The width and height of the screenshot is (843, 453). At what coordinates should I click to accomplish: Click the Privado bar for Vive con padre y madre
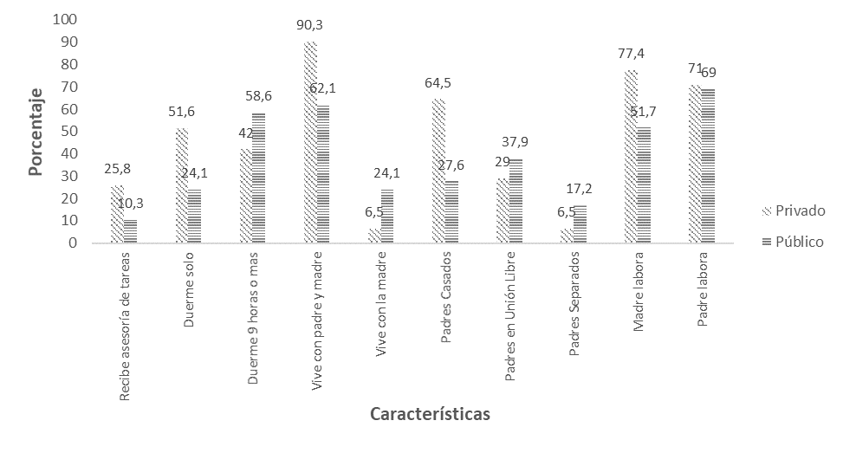310,143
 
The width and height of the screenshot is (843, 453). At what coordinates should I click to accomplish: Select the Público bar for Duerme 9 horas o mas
259,178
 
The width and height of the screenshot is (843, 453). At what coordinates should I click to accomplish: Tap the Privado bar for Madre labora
631,157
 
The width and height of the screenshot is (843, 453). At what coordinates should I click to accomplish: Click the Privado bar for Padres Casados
438,171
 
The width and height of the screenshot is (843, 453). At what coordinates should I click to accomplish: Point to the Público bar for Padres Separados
580,224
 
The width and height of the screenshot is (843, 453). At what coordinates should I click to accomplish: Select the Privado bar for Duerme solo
181,186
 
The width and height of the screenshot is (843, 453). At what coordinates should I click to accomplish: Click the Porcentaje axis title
36,132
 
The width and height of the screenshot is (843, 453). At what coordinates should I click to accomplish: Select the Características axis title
430,414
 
